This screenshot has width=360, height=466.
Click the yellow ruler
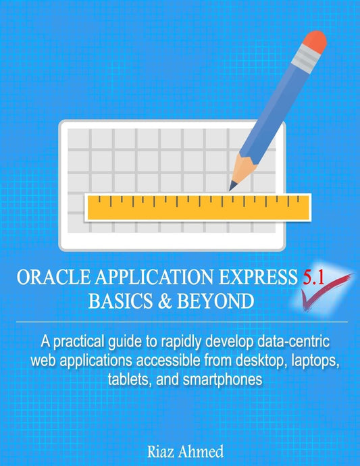(x=196, y=207)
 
